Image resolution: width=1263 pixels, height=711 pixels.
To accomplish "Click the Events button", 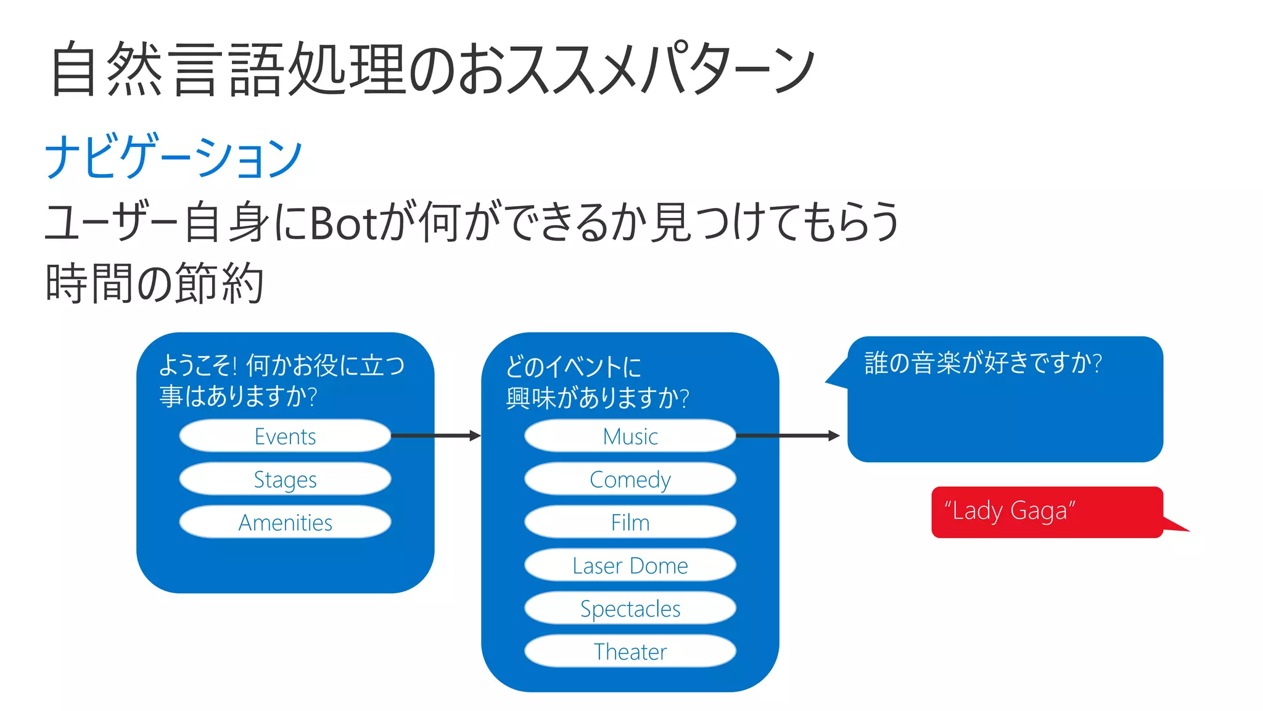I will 285,436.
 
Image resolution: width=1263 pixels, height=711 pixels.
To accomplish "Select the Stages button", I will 285,480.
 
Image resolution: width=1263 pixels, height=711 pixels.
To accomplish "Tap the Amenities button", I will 285,523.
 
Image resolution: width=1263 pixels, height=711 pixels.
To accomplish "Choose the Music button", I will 630,436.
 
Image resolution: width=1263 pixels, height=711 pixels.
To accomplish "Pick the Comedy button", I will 630,480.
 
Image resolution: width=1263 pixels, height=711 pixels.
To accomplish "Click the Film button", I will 630,523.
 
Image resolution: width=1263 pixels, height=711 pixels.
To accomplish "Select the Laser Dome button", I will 630,565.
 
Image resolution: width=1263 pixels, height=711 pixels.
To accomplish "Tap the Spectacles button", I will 630,609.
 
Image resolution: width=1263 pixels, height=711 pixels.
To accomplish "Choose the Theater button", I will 630,652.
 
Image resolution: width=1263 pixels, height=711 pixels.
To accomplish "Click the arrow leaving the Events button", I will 435,436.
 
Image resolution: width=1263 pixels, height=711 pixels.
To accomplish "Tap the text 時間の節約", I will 154,283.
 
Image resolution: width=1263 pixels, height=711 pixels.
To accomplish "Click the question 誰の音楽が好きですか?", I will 982,363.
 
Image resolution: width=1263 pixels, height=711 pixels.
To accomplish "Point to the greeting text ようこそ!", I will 198,365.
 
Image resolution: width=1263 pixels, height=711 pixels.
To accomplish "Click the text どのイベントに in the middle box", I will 573,367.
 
